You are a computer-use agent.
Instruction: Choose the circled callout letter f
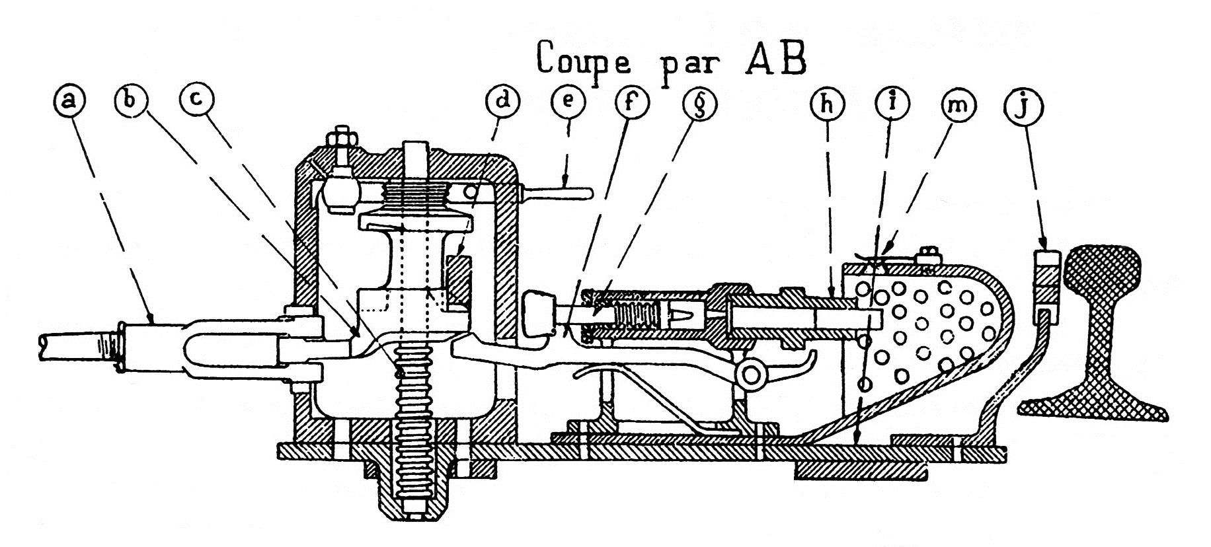tap(632, 103)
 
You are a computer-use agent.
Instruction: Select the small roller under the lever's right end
tap(752, 376)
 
